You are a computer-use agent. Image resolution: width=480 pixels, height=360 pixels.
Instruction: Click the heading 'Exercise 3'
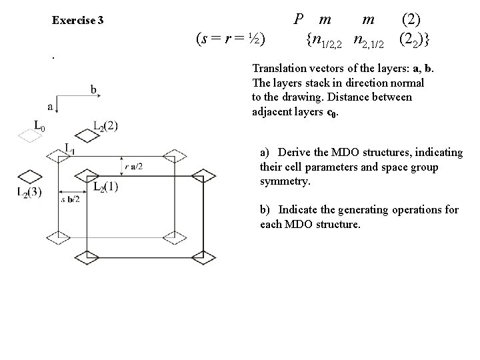coord(77,20)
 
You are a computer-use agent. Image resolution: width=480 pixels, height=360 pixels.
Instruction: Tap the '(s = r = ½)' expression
coord(231,39)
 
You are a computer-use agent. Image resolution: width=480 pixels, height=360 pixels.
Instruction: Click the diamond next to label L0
coord(28,136)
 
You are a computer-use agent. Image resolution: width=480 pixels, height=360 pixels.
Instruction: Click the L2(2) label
coord(105,125)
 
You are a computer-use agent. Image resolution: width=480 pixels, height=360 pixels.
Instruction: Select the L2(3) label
coord(28,192)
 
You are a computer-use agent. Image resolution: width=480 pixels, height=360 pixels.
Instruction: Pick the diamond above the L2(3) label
coord(29,177)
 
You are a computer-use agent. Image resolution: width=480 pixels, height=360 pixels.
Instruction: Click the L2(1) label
coord(105,187)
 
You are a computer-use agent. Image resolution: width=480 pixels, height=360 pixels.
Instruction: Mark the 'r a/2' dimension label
coord(133,165)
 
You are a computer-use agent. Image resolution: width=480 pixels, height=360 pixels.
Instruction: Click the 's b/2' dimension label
coord(71,199)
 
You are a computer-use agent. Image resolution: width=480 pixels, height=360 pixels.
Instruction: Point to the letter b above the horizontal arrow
coord(93,90)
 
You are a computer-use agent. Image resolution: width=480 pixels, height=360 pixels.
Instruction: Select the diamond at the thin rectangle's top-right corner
coord(176,155)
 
